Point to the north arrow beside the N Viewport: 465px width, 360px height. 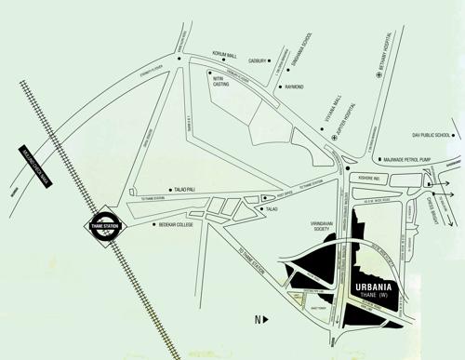(266, 320)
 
